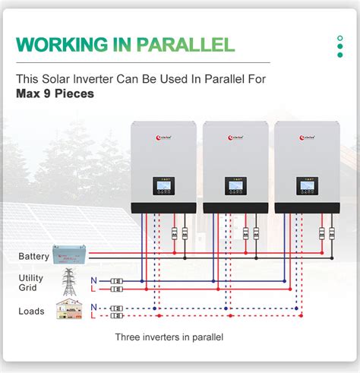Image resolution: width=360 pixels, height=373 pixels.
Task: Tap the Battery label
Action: click(x=33, y=257)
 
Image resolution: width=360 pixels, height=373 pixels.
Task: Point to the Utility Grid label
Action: click(x=31, y=283)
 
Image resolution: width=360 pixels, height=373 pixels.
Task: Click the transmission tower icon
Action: click(x=69, y=282)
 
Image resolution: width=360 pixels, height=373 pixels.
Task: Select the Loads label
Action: click(x=31, y=311)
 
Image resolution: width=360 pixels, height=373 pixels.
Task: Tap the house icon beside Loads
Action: click(x=69, y=309)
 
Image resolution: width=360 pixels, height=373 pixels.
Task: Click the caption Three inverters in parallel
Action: click(x=169, y=337)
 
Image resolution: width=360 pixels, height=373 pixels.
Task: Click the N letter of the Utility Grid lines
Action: click(x=93, y=280)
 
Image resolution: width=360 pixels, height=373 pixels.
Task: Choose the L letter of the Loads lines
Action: click(x=93, y=315)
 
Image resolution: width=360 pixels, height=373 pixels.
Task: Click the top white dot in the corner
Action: click(x=339, y=37)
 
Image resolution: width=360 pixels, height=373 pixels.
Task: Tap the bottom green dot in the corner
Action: click(x=339, y=55)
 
